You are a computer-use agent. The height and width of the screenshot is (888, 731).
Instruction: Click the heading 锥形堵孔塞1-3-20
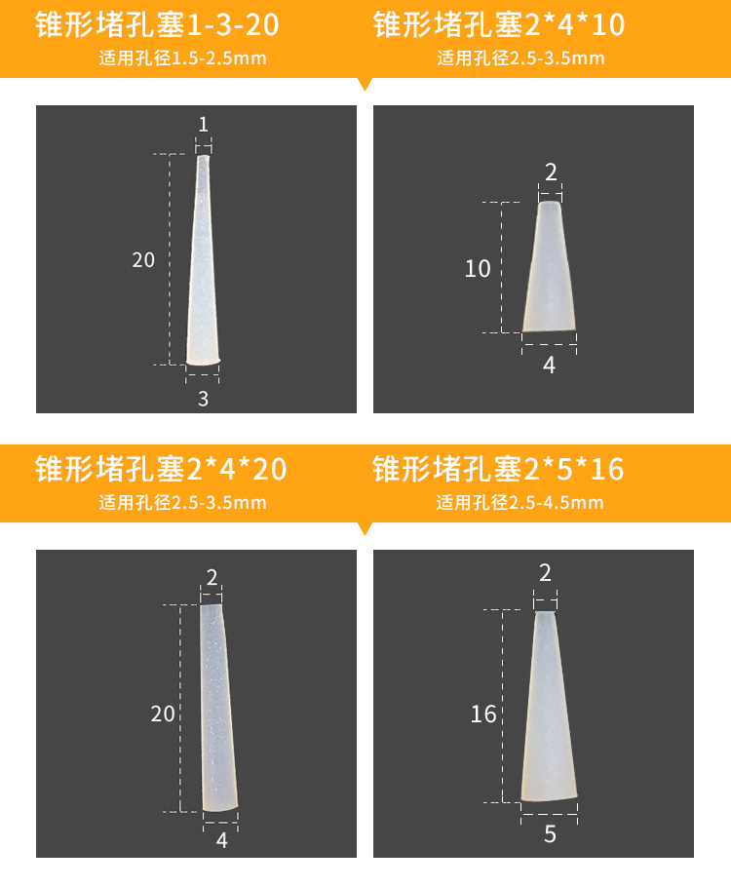coord(157,25)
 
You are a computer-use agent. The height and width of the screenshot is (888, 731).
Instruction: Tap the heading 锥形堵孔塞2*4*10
coord(499,25)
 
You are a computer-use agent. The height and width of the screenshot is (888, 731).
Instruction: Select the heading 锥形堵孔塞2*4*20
coord(161,469)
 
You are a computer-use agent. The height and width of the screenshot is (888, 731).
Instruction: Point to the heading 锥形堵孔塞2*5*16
coord(498,469)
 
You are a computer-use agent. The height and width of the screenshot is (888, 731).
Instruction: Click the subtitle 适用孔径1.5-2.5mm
coord(182,58)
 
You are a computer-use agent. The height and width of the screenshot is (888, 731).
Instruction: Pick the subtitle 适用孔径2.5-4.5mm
coord(519,502)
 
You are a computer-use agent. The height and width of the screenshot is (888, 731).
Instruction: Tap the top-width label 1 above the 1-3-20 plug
coord(204,125)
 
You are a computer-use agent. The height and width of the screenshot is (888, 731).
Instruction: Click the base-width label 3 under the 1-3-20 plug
coord(204,399)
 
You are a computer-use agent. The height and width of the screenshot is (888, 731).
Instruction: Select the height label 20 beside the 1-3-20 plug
coord(143,260)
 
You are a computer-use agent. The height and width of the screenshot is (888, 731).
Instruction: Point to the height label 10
coord(478,268)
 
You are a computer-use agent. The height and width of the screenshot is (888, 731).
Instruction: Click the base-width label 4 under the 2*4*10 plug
coord(550,366)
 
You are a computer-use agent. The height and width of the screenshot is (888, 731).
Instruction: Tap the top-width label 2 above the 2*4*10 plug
coord(551,173)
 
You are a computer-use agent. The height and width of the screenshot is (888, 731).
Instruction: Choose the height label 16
coord(483,714)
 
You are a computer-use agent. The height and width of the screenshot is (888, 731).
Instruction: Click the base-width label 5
coord(550,834)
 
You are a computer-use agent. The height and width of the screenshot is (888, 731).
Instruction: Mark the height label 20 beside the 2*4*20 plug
coord(163,714)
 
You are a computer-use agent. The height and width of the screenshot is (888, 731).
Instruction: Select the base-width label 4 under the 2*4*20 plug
coord(222,840)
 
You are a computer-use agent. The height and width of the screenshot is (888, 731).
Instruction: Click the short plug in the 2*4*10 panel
coord(549,266)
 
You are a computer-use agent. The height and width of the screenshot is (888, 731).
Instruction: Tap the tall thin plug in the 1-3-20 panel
coord(203,260)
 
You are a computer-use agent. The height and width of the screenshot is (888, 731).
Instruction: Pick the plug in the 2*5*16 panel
coord(549,707)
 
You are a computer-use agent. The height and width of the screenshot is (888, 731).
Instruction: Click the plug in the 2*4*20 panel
coord(219,708)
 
